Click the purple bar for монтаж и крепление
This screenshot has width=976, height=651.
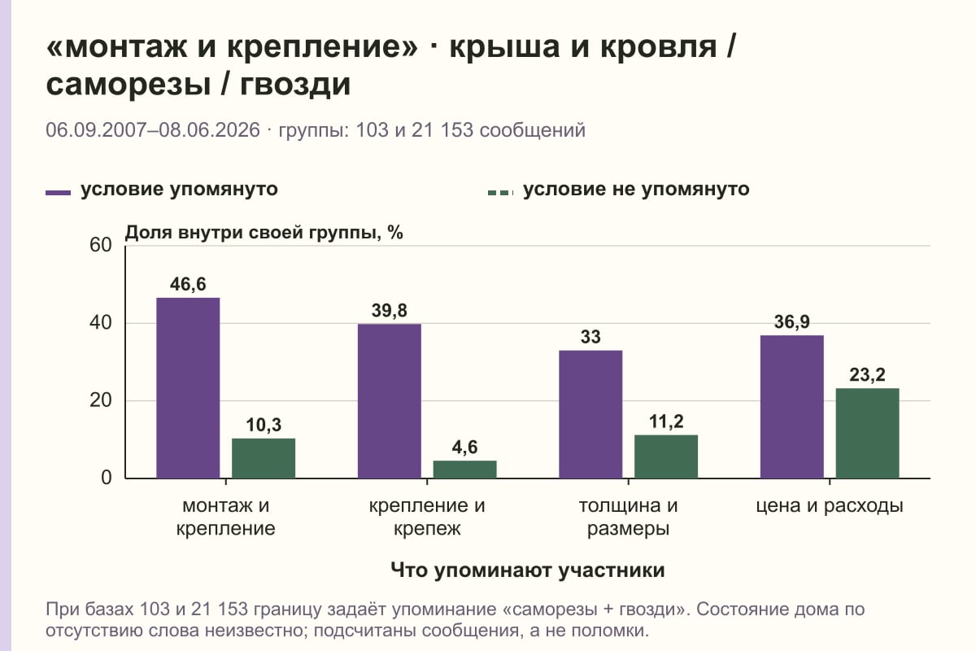click(x=188, y=388)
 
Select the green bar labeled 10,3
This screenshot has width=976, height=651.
click(x=264, y=458)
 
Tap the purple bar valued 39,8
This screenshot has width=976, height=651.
click(x=389, y=401)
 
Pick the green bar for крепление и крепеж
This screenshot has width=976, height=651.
click(x=464, y=470)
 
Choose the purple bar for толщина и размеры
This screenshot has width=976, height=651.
click(x=590, y=414)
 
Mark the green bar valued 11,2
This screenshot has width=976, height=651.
click(x=666, y=457)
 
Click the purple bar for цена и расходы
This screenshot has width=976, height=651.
click(x=791, y=407)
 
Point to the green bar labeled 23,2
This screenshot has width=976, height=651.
click(x=867, y=434)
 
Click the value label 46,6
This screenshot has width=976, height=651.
click(x=188, y=284)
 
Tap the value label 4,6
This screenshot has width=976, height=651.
click(x=464, y=447)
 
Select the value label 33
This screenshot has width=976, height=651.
click(x=590, y=337)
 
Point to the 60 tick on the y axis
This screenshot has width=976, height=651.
click(x=101, y=245)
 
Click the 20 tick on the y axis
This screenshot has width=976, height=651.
click(x=101, y=400)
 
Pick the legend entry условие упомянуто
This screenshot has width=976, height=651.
click(x=162, y=190)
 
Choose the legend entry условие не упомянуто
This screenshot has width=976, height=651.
click(x=619, y=190)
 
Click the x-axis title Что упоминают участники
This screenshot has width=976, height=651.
click(x=527, y=570)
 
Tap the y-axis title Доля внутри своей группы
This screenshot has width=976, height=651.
click(x=264, y=233)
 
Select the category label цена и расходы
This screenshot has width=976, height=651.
click(x=830, y=506)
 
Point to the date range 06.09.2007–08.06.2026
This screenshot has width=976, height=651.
click(x=153, y=130)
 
